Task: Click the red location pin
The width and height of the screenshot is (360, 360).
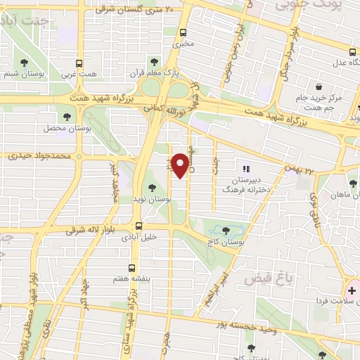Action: [181, 164]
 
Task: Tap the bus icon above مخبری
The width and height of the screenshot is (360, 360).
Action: [184, 32]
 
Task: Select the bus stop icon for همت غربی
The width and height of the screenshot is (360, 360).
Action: [78, 62]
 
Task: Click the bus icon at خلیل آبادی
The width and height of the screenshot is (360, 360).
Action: [138, 226]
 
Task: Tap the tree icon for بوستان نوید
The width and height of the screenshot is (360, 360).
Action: [151, 188]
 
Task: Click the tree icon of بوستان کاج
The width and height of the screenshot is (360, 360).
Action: [226, 230]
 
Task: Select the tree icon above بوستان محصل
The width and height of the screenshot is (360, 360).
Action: [67, 117]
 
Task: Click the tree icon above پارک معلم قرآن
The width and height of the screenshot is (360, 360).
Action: [154, 62]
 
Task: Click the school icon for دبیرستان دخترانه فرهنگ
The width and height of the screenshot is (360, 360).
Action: [245, 169]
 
